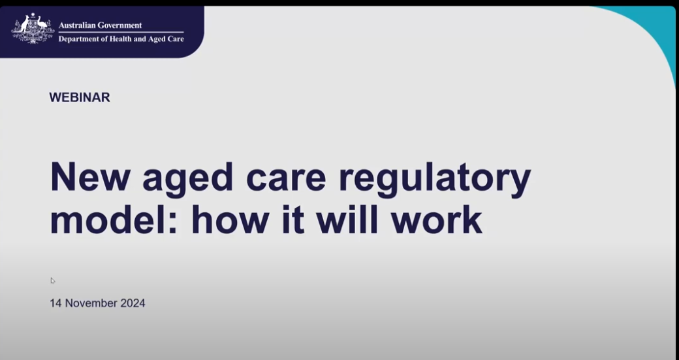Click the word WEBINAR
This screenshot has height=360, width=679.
point(80,97)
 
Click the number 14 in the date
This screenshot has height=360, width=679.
point(55,303)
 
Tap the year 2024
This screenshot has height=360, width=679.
point(133,303)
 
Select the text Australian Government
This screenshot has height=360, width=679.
point(100,25)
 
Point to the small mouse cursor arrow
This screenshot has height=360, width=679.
point(52,280)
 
